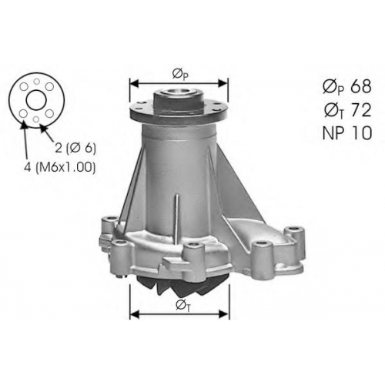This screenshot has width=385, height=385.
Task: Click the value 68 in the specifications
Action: point(360,86)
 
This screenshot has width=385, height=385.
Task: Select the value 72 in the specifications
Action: point(360,110)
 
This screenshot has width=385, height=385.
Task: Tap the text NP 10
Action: point(347,133)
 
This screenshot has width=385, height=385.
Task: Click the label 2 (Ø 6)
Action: point(75,148)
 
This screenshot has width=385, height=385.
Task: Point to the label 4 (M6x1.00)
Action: point(59,167)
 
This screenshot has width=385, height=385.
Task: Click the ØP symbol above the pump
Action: point(180,75)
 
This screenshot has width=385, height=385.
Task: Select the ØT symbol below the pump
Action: point(183,306)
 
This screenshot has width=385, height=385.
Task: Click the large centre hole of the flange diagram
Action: point(36,100)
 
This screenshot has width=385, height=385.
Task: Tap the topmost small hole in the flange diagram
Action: point(37,82)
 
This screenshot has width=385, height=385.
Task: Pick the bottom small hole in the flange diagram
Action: point(36,119)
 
